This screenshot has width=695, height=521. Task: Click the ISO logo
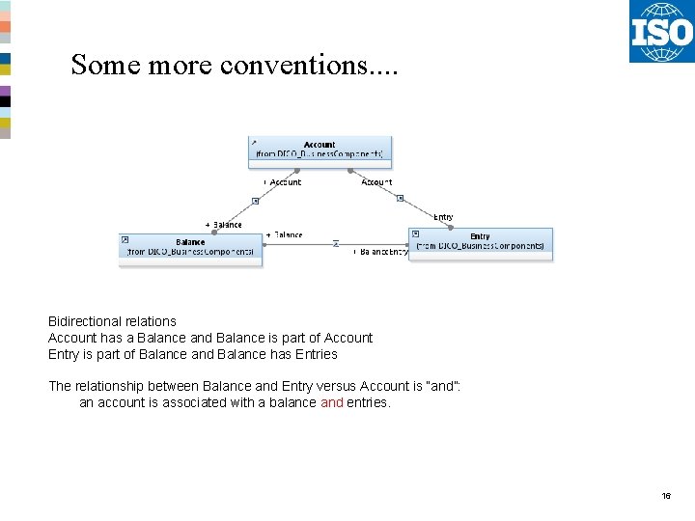click(661, 32)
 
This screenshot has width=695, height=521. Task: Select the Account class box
click(320, 150)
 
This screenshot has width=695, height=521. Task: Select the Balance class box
click(190, 248)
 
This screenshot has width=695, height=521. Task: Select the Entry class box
click(480, 242)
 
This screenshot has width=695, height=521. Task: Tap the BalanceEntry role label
click(382, 252)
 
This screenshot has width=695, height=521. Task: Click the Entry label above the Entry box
click(443, 217)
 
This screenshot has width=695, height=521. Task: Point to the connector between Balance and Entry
click(336, 243)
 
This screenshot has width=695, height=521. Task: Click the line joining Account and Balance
click(256, 200)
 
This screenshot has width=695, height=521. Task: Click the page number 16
click(666, 496)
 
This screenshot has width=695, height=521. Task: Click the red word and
click(331, 402)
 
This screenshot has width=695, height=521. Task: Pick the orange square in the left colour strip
click(5, 27)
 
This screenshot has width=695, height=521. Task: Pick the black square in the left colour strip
click(5, 101)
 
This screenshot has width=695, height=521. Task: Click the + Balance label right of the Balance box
click(284, 234)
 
